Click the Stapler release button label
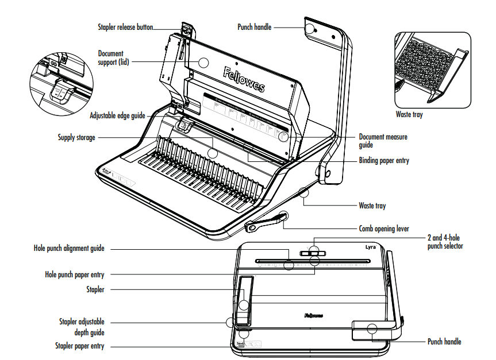pyautogui.click(x=124, y=27)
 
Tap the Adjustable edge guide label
pyautogui.click(x=117, y=115)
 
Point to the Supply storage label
pyautogui.click(x=76, y=137)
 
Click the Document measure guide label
pyautogui.click(x=383, y=141)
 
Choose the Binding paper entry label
pyautogui.click(x=384, y=161)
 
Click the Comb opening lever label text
pyautogui.click(x=384, y=229)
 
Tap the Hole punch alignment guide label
pyautogui.click(x=69, y=249)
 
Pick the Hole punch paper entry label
pyautogui.click(x=75, y=274)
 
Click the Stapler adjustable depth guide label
pyautogui.click(x=82, y=327)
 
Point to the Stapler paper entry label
pyautogui.click(x=80, y=346)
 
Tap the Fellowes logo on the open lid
pyautogui.click(x=244, y=79)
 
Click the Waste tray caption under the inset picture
pyautogui.click(x=409, y=115)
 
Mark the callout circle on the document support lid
pyautogui.click(x=204, y=63)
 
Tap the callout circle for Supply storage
pyautogui.click(x=213, y=153)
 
